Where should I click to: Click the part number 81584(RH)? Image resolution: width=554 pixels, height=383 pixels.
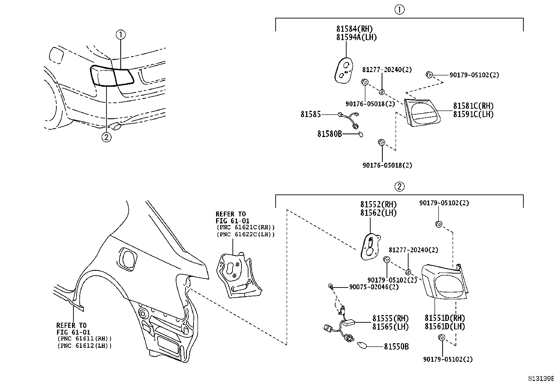(x=354, y=29)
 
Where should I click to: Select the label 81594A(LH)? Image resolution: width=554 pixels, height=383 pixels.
(x=356, y=37)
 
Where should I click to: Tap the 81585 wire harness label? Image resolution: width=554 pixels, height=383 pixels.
(x=310, y=114)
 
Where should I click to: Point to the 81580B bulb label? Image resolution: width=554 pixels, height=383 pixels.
(x=330, y=133)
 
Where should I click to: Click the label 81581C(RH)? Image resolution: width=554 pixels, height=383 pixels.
(x=473, y=106)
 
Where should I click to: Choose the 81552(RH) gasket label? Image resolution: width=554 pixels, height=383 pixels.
(x=378, y=205)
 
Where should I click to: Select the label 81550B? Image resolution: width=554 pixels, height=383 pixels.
(x=396, y=346)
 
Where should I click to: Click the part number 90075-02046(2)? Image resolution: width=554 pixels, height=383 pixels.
(x=374, y=287)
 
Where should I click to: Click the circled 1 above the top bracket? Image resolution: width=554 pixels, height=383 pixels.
(x=399, y=10)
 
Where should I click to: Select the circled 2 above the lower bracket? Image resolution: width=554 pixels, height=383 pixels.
(x=399, y=187)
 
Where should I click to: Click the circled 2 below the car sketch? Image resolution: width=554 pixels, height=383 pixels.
(x=106, y=137)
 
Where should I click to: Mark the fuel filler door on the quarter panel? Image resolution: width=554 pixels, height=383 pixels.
(x=128, y=260)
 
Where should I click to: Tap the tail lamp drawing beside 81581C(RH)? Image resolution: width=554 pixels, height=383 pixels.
(x=421, y=112)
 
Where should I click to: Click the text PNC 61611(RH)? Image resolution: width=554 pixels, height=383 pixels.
(x=84, y=339)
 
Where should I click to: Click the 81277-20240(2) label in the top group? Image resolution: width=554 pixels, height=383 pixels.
(x=387, y=70)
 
